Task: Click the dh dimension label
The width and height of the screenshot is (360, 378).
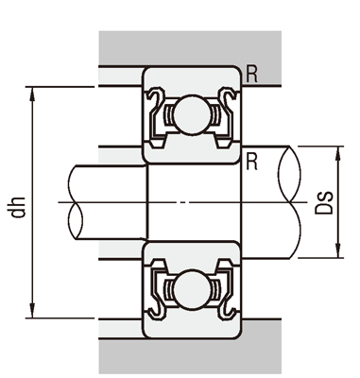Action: coord(18,207)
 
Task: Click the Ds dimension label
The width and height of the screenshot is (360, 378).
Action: coord(324,202)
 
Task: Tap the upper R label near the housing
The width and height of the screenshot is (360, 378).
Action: coord(251,75)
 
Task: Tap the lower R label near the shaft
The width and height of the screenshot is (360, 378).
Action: coord(251,162)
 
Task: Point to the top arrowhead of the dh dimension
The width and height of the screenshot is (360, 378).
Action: coord(32,94)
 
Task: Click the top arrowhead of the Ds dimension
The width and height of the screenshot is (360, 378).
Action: coord(338,153)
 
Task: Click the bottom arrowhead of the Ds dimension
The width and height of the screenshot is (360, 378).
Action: coord(338,251)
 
